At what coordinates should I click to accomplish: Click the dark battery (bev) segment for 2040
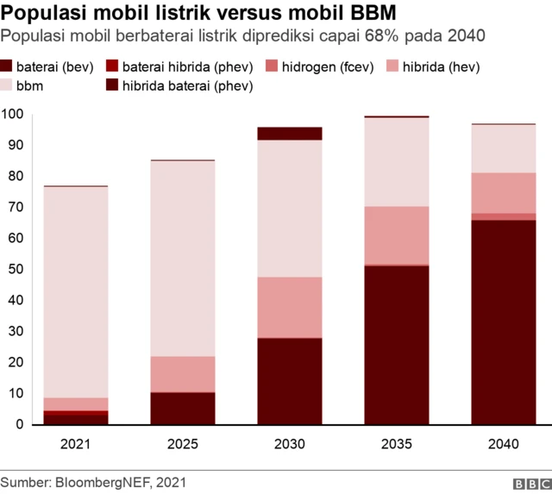(x=503, y=322)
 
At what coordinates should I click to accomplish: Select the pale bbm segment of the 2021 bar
(x=76, y=292)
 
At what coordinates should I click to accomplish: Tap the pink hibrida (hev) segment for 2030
(x=290, y=308)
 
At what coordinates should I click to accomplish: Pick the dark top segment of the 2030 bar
(x=290, y=134)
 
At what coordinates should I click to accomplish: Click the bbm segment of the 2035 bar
(x=397, y=162)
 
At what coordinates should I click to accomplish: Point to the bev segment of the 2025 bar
(x=183, y=409)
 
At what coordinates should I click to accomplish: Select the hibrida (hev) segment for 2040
(x=503, y=193)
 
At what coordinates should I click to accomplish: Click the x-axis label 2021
(x=76, y=445)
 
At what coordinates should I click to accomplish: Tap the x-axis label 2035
(x=397, y=445)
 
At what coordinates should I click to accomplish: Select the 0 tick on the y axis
(x=18, y=425)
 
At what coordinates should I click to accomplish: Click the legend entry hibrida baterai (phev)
(x=182, y=85)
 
